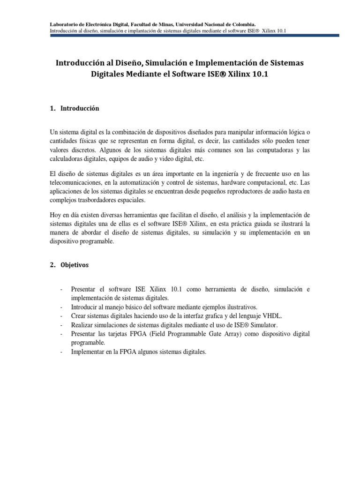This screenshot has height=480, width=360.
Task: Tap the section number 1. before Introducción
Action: tap(53, 108)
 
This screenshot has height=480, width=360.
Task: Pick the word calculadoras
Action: tap(67, 158)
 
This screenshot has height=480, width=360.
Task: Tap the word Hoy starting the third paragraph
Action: tap(55, 215)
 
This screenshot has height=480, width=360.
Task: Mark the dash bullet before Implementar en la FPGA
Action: tap(61, 352)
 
